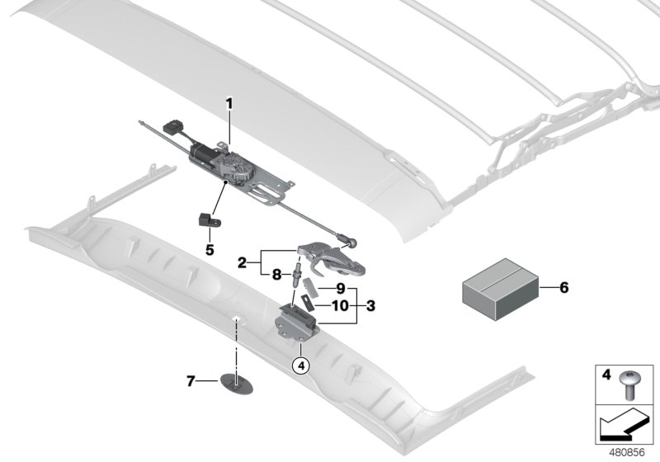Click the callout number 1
229,104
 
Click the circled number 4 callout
302,365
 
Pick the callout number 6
564,288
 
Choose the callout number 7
191,381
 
